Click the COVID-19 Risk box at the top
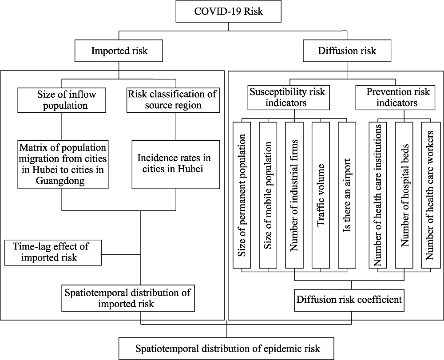click(228, 12)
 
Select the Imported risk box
click(119, 51)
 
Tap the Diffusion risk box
click(347, 51)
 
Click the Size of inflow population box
click(62, 100)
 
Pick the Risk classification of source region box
click(173, 100)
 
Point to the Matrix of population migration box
click(63, 164)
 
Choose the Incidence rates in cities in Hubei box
click(175, 164)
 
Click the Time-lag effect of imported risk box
click(53, 253)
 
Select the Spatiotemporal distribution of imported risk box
click(128, 298)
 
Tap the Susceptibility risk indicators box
click(289, 97)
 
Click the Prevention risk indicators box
click(395, 97)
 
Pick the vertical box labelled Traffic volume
click(321, 195)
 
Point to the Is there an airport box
click(347, 195)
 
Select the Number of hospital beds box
click(404, 195)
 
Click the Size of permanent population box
click(242, 195)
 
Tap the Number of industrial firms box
click(294, 195)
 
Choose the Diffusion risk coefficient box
click(349, 300)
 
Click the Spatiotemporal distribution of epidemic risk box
click(226, 348)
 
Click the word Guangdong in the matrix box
click(60, 181)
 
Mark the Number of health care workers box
click(431, 195)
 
